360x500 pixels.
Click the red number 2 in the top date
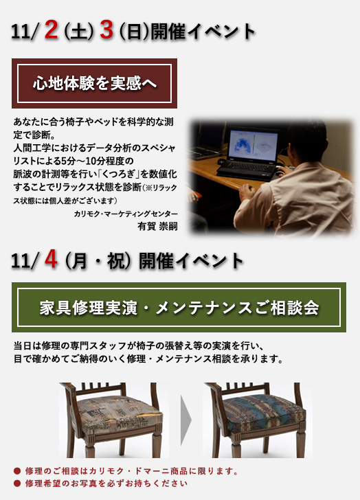click(x=51, y=30)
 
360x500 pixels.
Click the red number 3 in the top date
click(x=106, y=30)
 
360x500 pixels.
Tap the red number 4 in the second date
click(x=51, y=259)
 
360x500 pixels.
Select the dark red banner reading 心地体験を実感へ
click(x=94, y=83)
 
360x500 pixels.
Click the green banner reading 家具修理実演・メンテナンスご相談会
click(x=179, y=308)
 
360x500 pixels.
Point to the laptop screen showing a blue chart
click(x=251, y=146)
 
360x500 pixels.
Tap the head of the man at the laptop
click(x=306, y=139)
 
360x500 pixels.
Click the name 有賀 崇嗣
click(x=157, y=226)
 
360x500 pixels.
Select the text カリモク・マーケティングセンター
click(x=126, y=214)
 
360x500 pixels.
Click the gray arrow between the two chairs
click(x=186, y=420)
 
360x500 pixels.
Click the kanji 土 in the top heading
click(x=78, y=32)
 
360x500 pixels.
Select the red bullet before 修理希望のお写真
click(x=17, y=484)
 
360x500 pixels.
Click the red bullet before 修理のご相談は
click(x=17, y=471)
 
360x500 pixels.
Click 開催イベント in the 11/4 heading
click(x=191, y=261)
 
